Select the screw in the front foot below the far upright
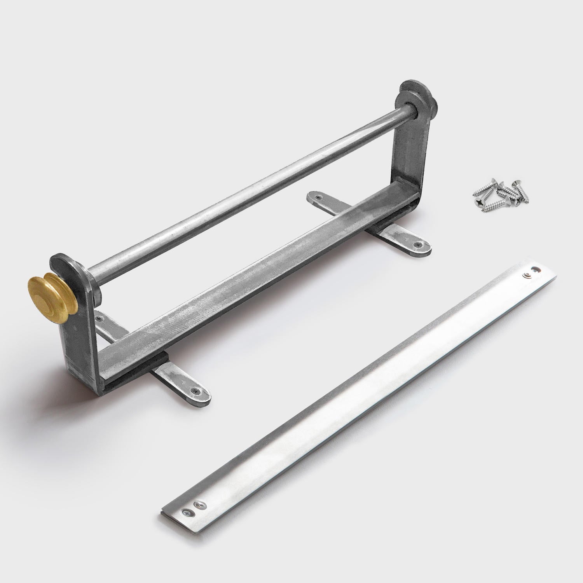[418, 245]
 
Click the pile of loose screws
[499, 192]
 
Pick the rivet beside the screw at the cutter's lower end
[201, 505]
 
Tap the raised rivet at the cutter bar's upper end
[528, 276]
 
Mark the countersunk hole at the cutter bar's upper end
[537, 269]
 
